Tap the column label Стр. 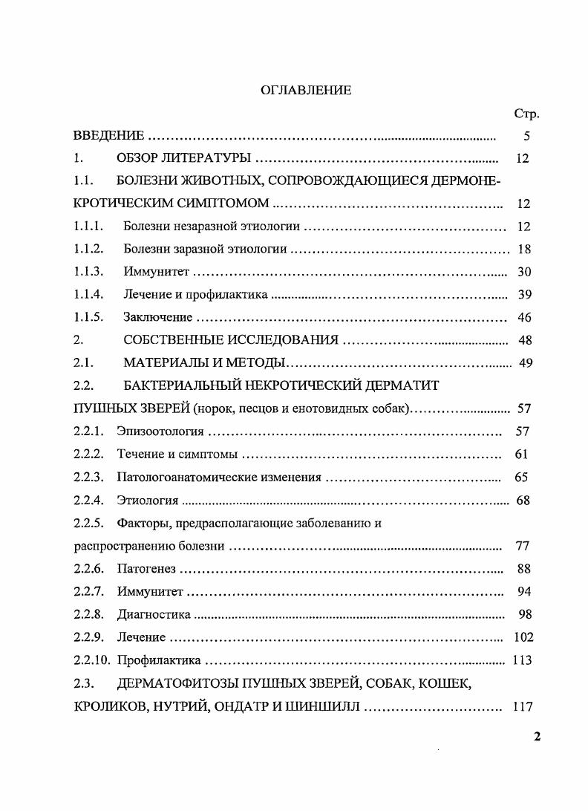[526, 114]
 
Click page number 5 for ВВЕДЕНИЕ [526, 136]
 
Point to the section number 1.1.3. [88, 272]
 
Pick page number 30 [524, 272]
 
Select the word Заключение [157, 317]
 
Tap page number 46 [524, 317]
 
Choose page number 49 [524, 362]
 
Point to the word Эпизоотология [160, 431]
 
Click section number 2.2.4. [88, 500]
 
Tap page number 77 [522, 546]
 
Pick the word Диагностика [154, 614]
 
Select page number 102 [523, 637]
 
